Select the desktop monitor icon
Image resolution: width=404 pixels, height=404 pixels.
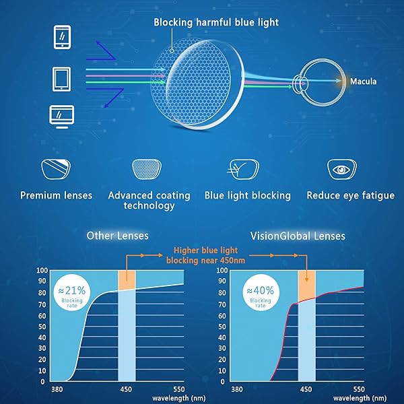click(61, 115)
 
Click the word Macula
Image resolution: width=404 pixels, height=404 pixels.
click(363, 82)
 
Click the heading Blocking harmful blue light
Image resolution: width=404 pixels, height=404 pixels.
click(216, 22)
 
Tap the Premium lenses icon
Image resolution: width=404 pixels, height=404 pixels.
click(56, 168)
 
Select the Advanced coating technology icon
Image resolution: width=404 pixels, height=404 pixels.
click(149, 168)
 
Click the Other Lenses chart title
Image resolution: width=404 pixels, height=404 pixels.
click(118, 236)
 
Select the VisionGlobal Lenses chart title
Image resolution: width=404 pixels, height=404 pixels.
click(298, 236)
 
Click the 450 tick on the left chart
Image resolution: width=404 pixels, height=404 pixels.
click(127, 390)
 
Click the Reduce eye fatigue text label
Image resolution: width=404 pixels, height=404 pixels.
click(350, 195)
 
